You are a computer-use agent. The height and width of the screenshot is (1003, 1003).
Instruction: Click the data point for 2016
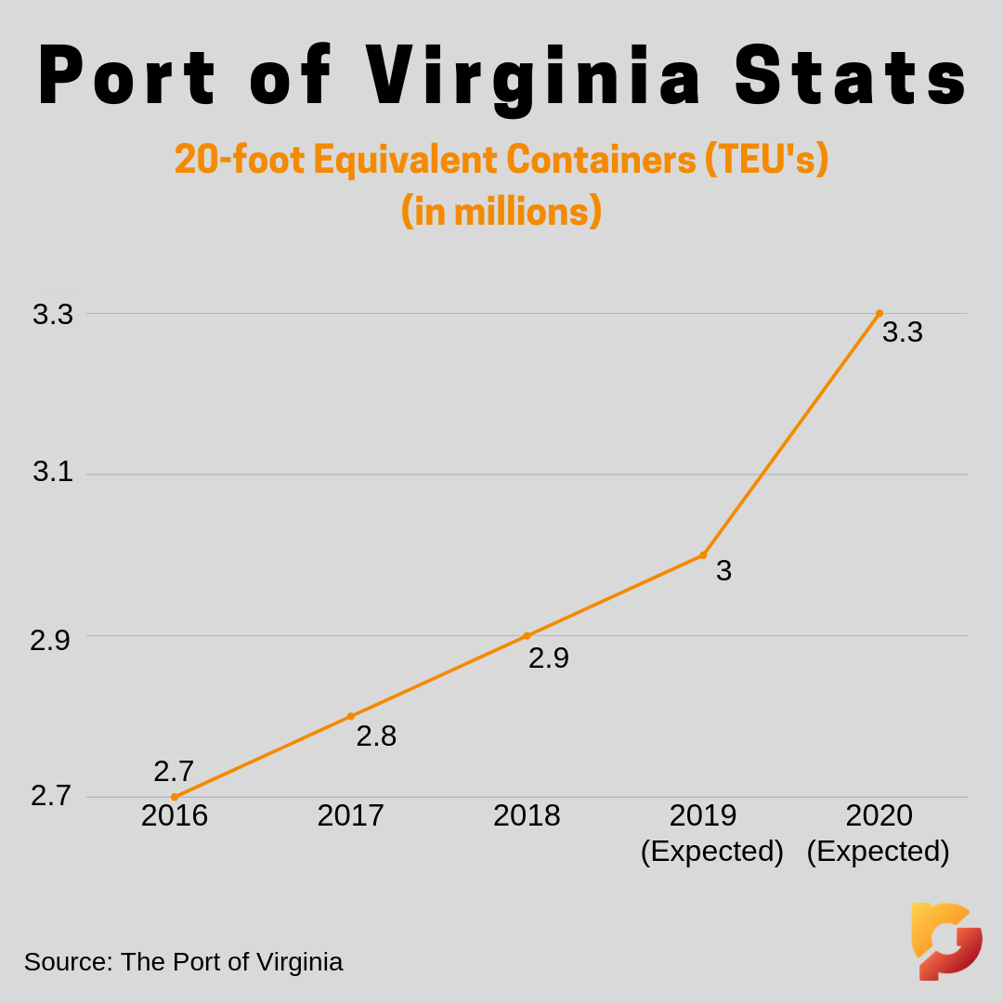pyautogui.click(x=175, y=797)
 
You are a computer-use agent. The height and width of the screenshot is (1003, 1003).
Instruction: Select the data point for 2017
pyautogui.click(x=350, y=716)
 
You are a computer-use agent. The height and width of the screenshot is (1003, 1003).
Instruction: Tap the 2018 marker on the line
pyautogui.click(x=527, y=636)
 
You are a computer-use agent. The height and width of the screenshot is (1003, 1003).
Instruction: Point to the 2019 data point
pyautogui.click(x=703, y=555)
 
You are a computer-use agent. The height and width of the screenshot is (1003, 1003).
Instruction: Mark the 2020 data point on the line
pyautogui.click(x=879, y=314)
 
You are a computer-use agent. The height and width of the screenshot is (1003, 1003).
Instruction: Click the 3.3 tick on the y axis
pyautogui.click(x=53, y=315)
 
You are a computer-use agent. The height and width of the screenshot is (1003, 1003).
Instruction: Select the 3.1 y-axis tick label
pyautogui.click(x=53, y=472)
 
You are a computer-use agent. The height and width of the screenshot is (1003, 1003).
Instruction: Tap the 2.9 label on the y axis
pyautogui.click(x=50, y=641)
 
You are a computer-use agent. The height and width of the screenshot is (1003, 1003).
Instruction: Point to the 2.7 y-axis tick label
pyautogui.click(x=51, y=796)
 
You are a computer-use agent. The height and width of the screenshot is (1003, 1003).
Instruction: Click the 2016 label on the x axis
pyautogui.click(x=175, y=815)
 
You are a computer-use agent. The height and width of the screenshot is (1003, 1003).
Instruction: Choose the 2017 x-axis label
pyautogui.click(x=350, y=815)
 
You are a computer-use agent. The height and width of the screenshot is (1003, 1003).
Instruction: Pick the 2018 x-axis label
pyautogui.click(x=527, y=815)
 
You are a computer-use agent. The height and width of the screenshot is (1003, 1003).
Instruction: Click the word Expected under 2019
pyautogui.click(x=712, y=851)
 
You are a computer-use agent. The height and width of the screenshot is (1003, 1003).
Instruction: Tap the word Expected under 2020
pyautogui.click(x=879, y=851)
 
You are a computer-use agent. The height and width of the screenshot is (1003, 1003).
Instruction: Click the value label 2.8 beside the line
pyautogui.click(x=376, y=736)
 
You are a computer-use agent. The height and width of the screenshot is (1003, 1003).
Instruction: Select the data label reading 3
pyautogui.click(x=723, y=570)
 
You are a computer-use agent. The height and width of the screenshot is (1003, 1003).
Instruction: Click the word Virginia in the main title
pyautogui.click(x=534, y=77)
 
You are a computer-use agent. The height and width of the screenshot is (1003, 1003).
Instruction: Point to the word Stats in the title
pyautogui.click(x=852, y=77)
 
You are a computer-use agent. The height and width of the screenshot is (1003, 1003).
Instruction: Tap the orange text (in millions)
pyautogui.click(x=501, y=211)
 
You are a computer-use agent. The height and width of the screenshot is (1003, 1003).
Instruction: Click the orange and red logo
pyautogui.click(x=946, y=941)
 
